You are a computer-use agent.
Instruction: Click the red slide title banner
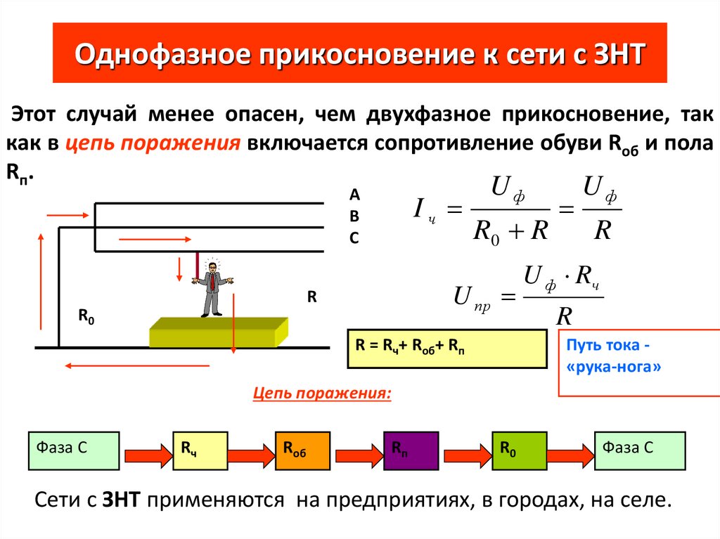[x=359, y=53]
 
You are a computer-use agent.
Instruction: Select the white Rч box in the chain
[x=200, y=450]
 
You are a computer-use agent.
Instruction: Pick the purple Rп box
[x=411, y=450]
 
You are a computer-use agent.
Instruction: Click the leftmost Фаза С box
[x=73, y=450]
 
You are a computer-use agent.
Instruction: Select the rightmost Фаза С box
[x=640, y=450]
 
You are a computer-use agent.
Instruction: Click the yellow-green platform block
[x=218, y=332]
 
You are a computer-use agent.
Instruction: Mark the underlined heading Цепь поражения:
[x=322, y=393]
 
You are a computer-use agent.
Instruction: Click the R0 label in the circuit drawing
[x=86, y=318]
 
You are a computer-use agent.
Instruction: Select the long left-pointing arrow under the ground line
[x=138, y=365]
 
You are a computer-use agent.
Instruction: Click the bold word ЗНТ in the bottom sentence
[x=123, y=500]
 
